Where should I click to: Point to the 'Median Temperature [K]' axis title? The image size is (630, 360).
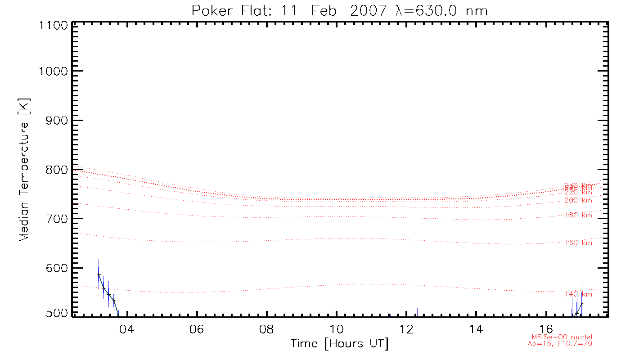coord(24,170)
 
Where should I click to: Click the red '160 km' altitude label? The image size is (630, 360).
coord(578,243)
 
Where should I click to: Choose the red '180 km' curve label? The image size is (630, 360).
coord(578,215)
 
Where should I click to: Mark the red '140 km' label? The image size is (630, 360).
coord(578,294)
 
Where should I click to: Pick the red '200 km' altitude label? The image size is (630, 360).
coord(578,200)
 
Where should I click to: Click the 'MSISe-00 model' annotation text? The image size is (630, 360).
coord(562,337)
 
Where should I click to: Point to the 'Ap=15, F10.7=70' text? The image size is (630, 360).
coord(559,344)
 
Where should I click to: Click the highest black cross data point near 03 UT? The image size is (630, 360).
coord(99,274)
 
